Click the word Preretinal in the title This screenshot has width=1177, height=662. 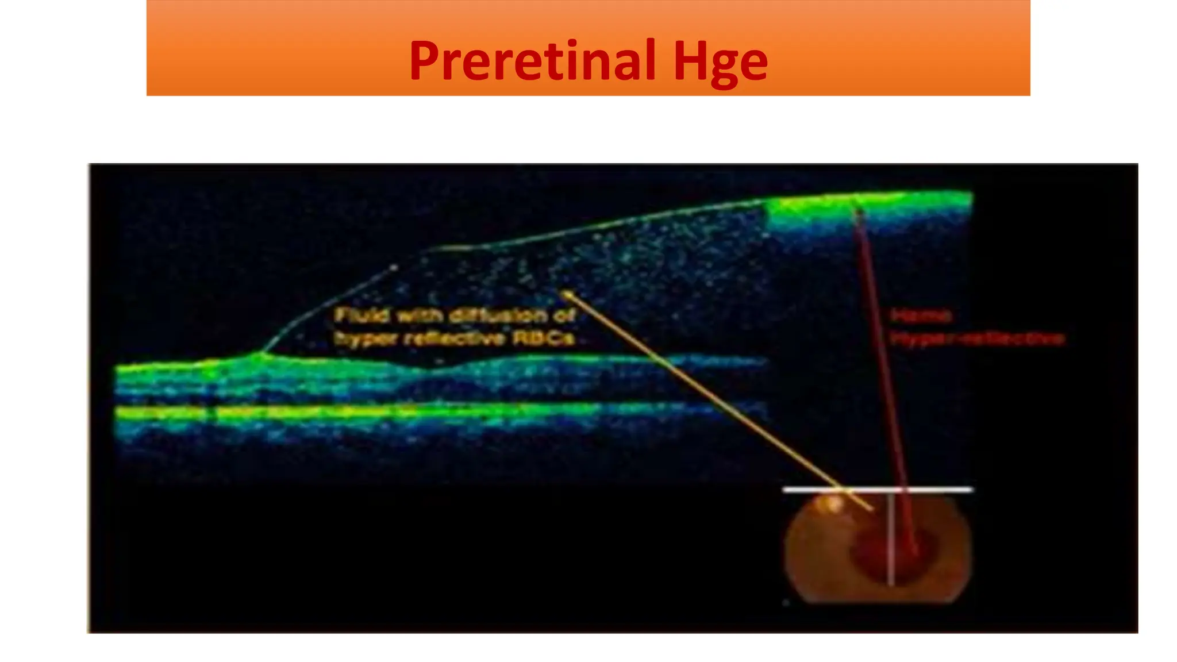tap(532, 60)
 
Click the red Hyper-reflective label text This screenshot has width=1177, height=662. tap(977, 338)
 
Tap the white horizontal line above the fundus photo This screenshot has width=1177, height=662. tap(920, 490)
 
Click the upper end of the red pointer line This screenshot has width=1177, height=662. tap(858, 211)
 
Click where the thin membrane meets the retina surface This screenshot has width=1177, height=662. tap(262, 352)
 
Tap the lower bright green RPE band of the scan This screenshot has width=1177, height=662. tap(345, 411)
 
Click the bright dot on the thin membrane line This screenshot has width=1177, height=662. tap(394, 267)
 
